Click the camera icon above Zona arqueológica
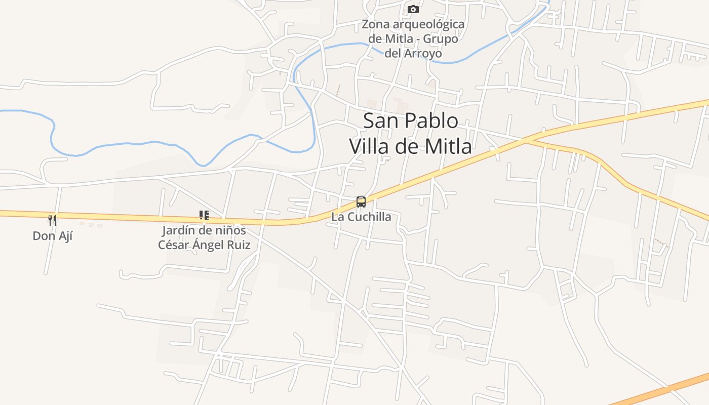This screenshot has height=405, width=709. coord(413,9)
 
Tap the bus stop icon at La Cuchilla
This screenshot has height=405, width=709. coord(361,202)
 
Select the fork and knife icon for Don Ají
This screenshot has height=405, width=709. coord(52,220)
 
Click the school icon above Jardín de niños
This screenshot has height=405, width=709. coord(204,215)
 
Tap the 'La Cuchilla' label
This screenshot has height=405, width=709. coord(361,217)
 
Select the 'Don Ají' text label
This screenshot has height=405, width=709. coord(53,235)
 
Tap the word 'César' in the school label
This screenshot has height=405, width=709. coord(173,245)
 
